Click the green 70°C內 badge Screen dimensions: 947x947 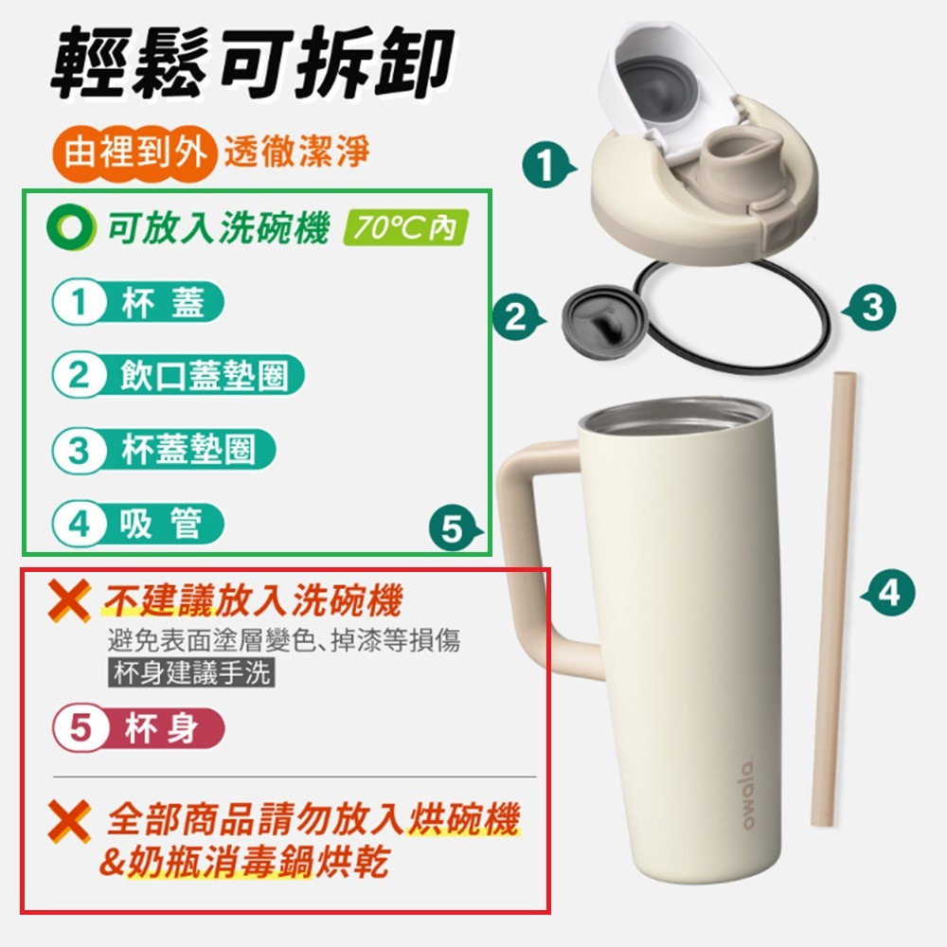pos(405,227)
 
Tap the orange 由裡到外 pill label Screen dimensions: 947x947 pos(134,152)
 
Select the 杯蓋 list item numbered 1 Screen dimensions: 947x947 pos(138,302)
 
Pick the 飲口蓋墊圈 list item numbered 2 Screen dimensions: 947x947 pos(178,375)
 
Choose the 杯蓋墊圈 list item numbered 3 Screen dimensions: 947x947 pos(164,450)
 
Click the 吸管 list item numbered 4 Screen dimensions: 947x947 pos(138,525)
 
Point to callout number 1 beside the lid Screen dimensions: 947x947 pos(547,165)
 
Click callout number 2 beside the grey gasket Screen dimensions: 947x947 pos(518,317)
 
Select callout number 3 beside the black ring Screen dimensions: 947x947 pos(869,308)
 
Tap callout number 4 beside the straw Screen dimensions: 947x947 pos(888,593)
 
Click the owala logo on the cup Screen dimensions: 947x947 pos(747,794)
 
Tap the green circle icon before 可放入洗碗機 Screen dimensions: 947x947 pos(71,227)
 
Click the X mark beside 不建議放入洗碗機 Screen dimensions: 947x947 pos(70,600)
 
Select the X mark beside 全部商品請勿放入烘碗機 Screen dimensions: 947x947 pos(70,821)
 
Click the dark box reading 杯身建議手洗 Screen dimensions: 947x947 pos(191,672)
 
